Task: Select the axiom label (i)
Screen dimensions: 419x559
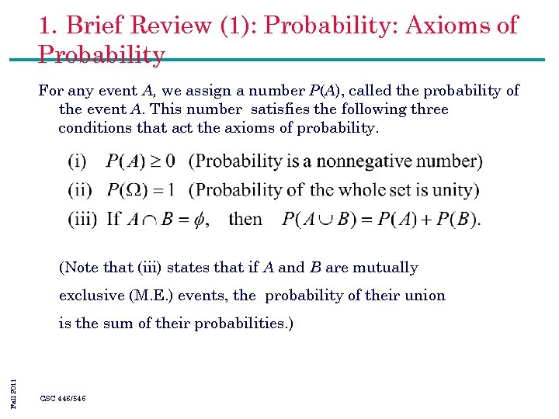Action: click(78, 161)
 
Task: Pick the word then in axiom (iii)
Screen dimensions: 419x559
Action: click(245, 219)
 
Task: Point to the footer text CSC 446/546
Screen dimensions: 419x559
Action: click(63, 398)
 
